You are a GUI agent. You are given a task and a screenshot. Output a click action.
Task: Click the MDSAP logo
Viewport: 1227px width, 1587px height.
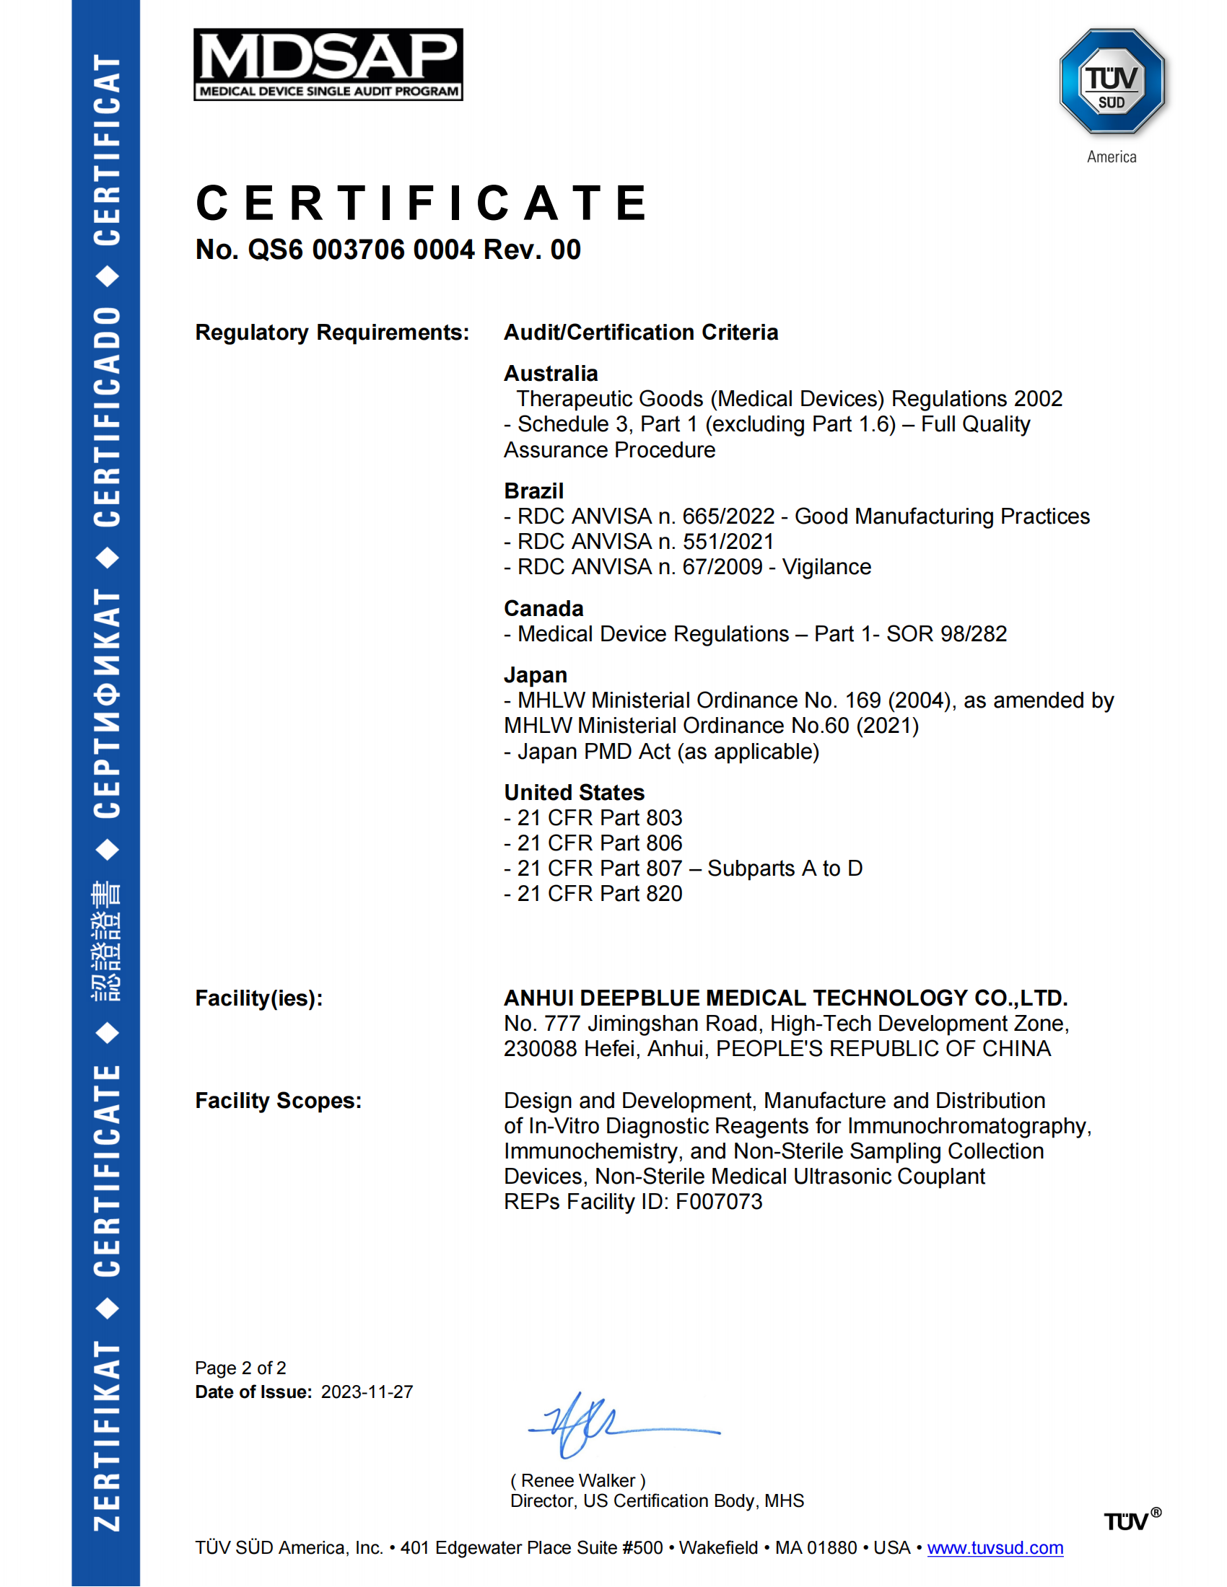(x=328, y=64)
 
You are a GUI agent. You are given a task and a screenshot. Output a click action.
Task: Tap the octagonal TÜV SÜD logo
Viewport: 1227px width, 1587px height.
(x=1112, y=82)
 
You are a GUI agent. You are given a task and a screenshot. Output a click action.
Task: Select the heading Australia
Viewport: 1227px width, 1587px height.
(x=550, y=374)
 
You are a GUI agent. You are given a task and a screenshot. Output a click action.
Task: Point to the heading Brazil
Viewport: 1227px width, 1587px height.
(x=533, y=491)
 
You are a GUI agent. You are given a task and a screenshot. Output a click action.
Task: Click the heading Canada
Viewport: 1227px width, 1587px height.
(x=543, y=609)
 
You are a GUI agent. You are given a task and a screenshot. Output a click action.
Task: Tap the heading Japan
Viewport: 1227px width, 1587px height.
(x=535, y=675)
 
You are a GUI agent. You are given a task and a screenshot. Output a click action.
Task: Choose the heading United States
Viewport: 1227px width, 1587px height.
(x=575, y=793)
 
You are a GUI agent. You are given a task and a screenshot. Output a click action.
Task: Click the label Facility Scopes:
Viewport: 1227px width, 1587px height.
(x=278, y=1101)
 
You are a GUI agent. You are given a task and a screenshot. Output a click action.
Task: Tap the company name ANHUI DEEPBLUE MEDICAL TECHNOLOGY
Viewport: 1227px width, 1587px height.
(x=785, y=998)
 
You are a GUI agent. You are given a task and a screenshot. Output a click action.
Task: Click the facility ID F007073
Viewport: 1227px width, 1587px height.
(x=719, y=1202)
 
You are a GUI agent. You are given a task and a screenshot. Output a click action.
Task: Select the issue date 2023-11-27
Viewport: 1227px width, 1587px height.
(x=367, y=1392)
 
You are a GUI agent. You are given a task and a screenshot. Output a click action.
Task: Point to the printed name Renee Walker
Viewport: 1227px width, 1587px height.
(x=578, y=1481)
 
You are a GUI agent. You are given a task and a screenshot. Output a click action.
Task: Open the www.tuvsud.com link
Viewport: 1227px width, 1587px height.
(x=995, y=1549)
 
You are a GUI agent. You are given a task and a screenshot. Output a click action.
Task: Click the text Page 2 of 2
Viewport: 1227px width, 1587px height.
(x=240, y=1368)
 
